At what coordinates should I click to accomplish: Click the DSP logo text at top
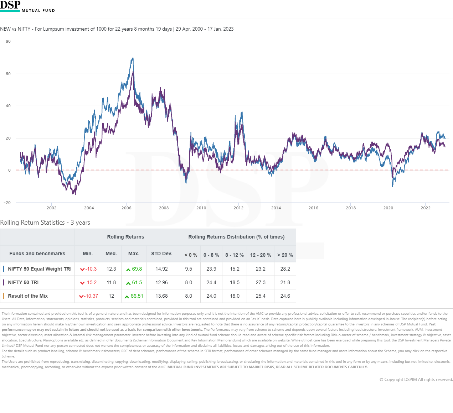point(10,5)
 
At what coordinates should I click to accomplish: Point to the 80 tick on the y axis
point(8,42)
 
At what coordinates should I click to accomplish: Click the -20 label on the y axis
point(7,203)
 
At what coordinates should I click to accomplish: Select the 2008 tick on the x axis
point(164,208)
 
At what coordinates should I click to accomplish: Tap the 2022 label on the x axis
point(426,208)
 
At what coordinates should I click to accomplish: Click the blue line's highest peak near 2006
point(133,58)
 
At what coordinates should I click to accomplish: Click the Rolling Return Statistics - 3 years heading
point(45,223)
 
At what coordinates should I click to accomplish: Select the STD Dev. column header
point(161,253)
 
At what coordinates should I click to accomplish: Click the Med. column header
point(111,253)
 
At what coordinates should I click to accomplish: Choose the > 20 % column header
point(285,255)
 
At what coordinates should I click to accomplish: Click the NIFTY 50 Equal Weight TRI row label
point(40,269)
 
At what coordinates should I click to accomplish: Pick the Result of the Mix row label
point(28,296)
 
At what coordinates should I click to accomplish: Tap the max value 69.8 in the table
point(137,269)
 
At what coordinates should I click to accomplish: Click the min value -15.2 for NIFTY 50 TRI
point(91,282)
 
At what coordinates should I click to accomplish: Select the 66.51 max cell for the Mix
point(137,296)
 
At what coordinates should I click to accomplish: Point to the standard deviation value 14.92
point(161,269)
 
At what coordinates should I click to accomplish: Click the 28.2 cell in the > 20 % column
point(285,269)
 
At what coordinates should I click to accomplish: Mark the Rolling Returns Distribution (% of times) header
point(236,237)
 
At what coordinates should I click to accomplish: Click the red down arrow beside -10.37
point(81,296)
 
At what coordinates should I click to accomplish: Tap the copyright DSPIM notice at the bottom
point(416,380)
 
